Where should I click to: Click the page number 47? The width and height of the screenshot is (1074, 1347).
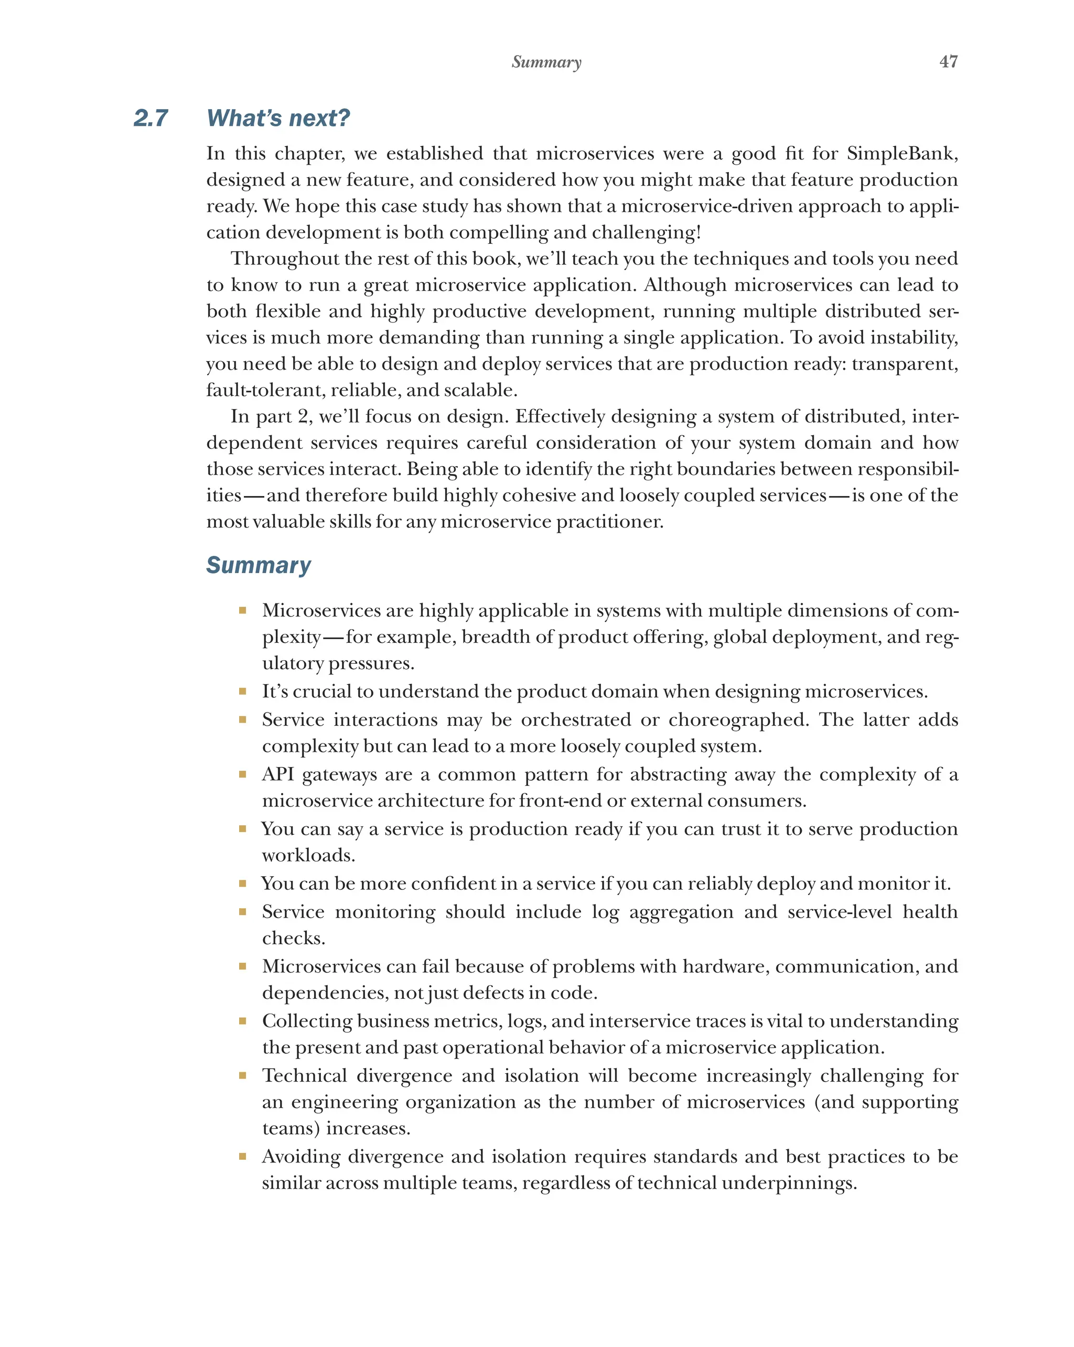click(x=948, y=61)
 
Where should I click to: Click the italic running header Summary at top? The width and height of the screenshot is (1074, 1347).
click(x=546, y=62)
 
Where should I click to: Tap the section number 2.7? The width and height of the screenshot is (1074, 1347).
click(x=151, y=118)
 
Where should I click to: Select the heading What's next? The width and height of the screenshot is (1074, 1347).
click(x=278, y=118)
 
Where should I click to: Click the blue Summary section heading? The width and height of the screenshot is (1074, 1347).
click(x=258, y=565)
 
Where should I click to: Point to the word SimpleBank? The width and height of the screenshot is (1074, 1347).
click(x=901, y=153)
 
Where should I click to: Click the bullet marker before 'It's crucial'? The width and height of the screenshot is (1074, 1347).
click(x=242, y=692)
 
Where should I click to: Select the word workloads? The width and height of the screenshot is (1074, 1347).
click(x=308, y=855)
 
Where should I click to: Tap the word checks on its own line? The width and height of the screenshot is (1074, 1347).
click(x=293, y=938)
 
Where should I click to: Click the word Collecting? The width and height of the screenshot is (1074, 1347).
click(x=307, y=1021)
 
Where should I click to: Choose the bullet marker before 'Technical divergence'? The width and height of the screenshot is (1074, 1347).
click(x=242, y=1076)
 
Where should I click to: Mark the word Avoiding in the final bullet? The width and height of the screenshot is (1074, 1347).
click(x=300, y=1157)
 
